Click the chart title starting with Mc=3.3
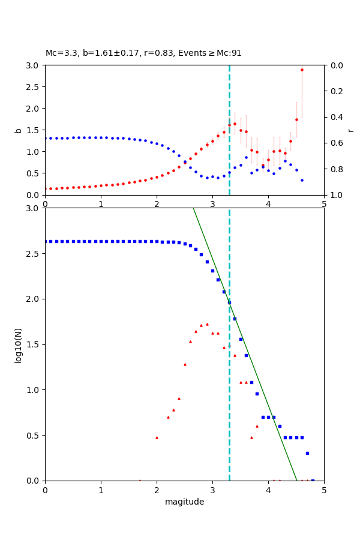point(143,53)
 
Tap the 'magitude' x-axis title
point(184,502)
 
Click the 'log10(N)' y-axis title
point(18,344)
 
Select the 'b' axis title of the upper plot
point(18,130)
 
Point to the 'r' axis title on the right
point(350,130)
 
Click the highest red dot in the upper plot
point(302,70)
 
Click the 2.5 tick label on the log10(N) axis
point(34,254)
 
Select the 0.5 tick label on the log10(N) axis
point(34,436)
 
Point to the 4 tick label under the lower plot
point(268,490)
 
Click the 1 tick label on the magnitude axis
point(101,490)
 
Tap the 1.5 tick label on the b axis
point(34,130)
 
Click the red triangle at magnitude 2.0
point(157,437)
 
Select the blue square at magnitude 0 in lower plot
point(45,241)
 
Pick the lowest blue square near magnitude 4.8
point(313,480)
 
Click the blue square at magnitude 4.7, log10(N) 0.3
point(307,453)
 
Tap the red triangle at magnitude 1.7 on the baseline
point(140,480)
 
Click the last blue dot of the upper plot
point(302,180)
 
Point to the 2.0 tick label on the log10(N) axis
point(34,299)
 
